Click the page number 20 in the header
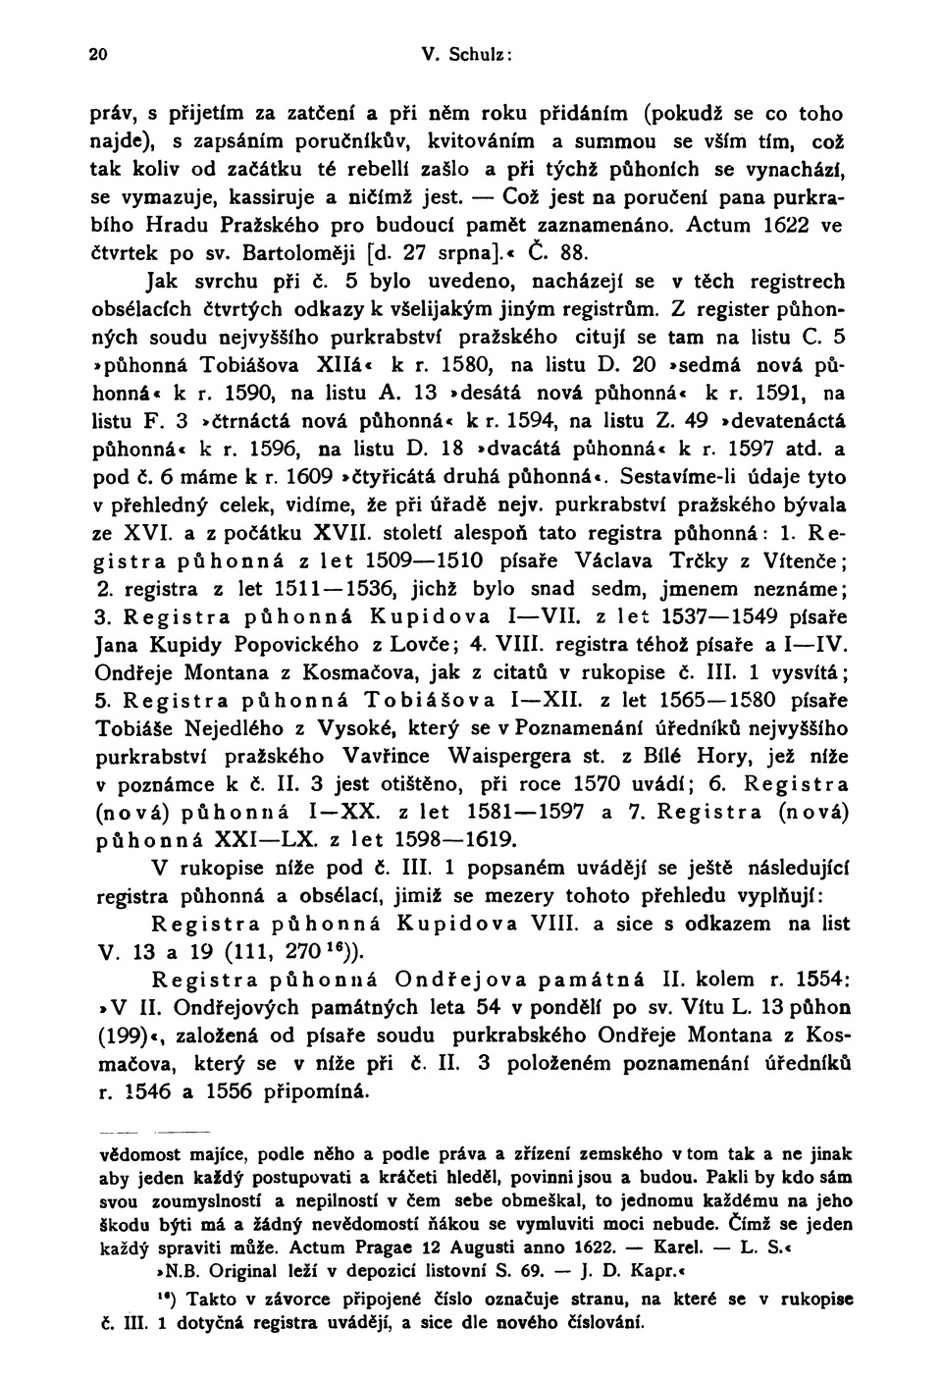pyautogui.click(x=97, y=55)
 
